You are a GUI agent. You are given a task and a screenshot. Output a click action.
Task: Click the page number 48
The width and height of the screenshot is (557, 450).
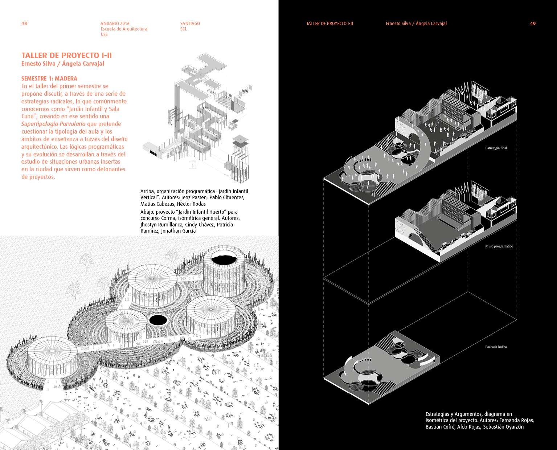pyautogui.click(x=24, y=24)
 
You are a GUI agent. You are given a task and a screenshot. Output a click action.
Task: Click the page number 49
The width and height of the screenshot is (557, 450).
pyautogui.click(x=533, y=24)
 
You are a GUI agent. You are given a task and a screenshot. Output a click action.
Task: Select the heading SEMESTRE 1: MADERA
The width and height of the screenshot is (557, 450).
pyautogui.click(x=49, y=78)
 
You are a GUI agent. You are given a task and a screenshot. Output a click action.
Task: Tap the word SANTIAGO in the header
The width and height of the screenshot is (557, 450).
pyautogui.click(x=190, y=24)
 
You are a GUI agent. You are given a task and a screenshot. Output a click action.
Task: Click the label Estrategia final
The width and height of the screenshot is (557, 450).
pyautogui.click(x=496, y=148)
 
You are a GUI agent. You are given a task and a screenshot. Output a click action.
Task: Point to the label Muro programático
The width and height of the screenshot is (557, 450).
pyautogui.click(x=499, y=246)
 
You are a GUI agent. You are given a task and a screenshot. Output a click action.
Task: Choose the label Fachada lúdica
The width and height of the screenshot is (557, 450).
pyautogui.click(x=496, y=347)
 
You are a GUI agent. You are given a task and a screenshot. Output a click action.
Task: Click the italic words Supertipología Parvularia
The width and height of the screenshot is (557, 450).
pyautogui.click(x=53, y=124)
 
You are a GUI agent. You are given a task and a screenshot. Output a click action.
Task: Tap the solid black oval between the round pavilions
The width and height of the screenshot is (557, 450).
pyautogui.click(x=158, y=320)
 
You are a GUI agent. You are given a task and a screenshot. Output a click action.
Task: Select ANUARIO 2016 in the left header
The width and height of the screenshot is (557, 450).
pyautogui.click(x=115, y=24)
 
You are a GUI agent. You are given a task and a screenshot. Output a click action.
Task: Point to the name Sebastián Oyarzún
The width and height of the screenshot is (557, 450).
pyautogui.click(x=503, y=427)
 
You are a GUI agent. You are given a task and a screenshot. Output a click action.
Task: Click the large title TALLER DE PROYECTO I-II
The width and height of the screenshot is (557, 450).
pyautogui.click(x=66, y=56)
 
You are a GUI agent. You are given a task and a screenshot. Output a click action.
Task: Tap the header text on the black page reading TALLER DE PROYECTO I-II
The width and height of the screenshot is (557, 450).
pyautogui.click(x=329, y=24)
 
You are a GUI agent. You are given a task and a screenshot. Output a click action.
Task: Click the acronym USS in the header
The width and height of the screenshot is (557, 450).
pyautogui.click(x=104, y=34)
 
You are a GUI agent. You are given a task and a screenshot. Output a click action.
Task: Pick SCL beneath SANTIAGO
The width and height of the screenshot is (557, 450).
pyautogui.click(x=184, y=29)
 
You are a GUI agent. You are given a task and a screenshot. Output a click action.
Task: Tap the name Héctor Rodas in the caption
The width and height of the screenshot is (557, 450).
pyautogui.click(x=191, y=204)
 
